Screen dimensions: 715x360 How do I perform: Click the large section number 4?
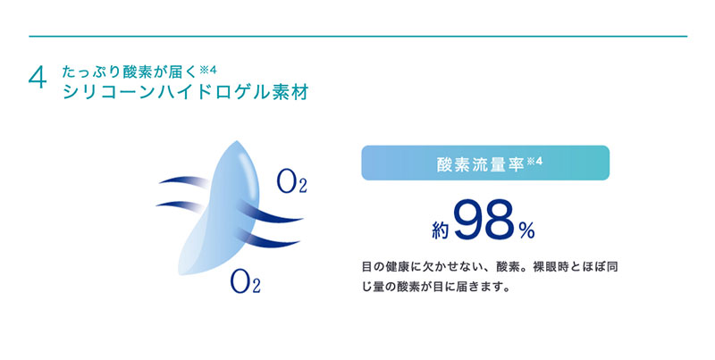(x=38, y=79)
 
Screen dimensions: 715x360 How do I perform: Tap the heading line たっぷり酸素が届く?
(x=130, y=72)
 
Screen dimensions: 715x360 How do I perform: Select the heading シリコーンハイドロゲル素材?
(x=186, y=92)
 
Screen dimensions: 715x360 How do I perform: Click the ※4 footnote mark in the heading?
(x=208, y=71)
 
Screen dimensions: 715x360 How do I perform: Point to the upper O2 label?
(x=291, y=181)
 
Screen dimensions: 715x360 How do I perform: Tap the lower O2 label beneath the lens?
(x=245, y=281)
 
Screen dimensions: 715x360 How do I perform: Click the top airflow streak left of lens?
(x=182, y=181)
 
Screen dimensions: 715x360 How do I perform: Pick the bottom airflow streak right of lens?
(x=269, y=239)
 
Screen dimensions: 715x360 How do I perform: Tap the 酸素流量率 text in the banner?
(x=480, y=164)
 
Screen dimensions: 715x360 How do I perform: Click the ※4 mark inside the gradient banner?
(x=534, y=161)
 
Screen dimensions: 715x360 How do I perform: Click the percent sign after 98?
(x=526, y=231)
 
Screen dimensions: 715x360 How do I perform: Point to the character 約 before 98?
(x=441, y=230)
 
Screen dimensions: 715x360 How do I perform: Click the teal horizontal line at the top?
(x=358, y=36)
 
